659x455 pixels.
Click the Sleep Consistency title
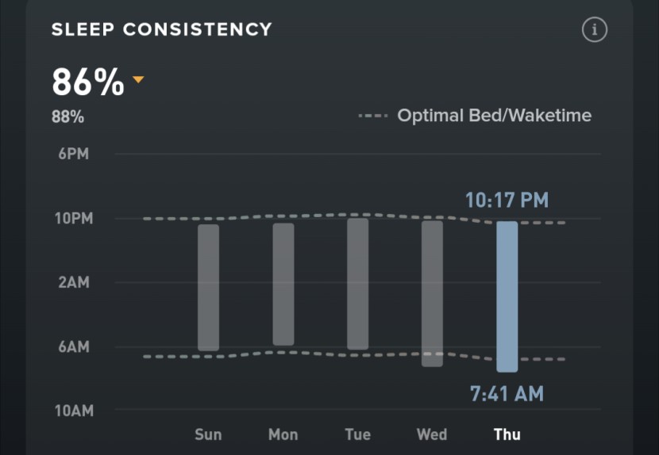tap(161, 30)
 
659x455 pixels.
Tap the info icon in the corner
tap(594, 30)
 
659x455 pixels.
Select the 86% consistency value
tap(88, 82)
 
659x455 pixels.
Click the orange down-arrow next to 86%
tap(138, 79)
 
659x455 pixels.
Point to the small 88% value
tap(67, 117)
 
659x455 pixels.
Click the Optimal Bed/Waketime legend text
tap(494, 116)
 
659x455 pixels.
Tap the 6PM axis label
tap(74, 154)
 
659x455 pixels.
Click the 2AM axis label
tap(74, 282)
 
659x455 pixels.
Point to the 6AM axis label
tap(74, 346)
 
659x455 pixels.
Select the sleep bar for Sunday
tap(208, 287)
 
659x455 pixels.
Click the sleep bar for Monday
tap(283, 284)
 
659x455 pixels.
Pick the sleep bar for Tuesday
tap(357, 284)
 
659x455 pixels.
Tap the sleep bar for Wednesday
tap(432, 293)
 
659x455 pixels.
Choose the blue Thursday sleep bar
tap(507, 296)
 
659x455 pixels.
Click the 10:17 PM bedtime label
tap(507, 200)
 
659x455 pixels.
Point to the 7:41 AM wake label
tap(507, 394)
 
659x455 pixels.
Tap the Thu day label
tap(507, 434)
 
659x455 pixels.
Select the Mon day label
tap(283, 434)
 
